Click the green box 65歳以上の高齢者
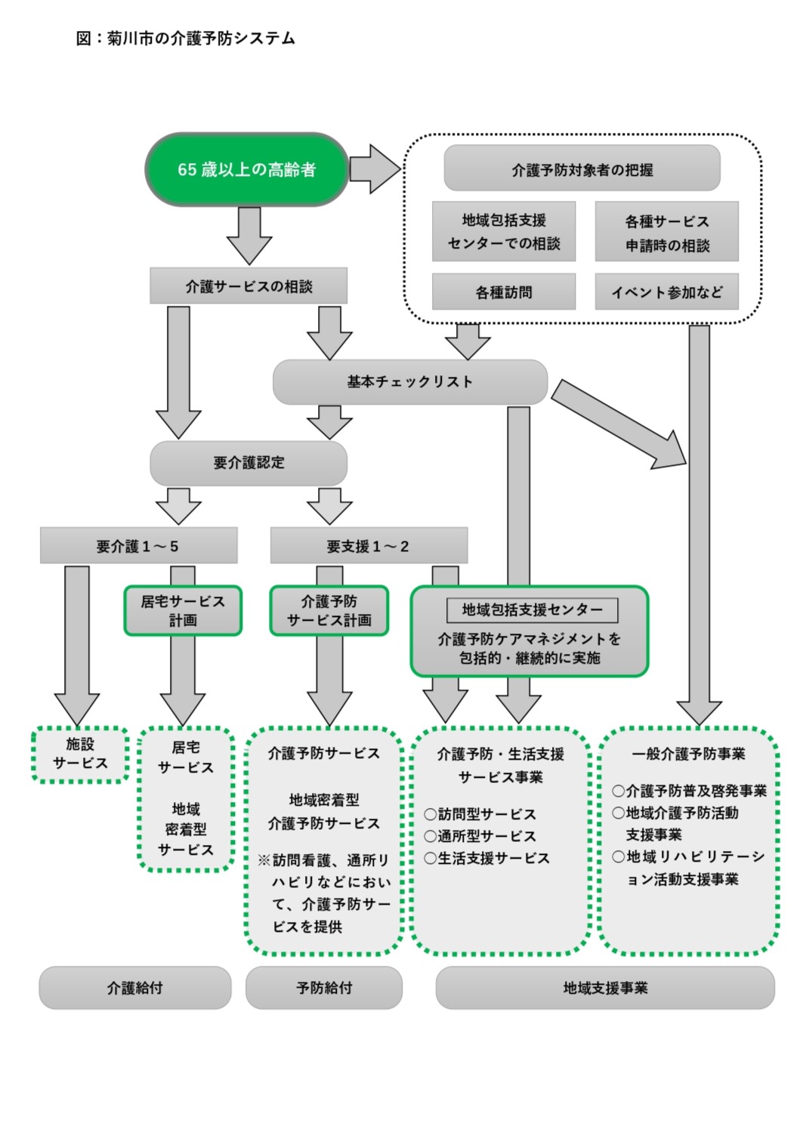point(246,169)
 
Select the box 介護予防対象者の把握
point(582,169)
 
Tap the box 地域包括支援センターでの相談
point(503,231)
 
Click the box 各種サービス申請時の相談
point(666,232)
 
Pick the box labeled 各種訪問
point(503,291)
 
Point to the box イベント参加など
point(666,291)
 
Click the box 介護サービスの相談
point(249,286)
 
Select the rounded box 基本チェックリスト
point(409,382)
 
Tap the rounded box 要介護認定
point(249,463)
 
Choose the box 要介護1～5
point(138,546)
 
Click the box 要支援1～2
point(369,546)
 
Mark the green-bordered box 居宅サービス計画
point(183,610)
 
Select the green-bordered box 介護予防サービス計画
point(329,610)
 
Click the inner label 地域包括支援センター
point(532,609)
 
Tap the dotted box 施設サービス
point(80,754)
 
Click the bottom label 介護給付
point(134,988)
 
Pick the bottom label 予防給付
point(324,988)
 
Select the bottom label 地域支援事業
point(605,988)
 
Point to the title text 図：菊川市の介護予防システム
point(185,39)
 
